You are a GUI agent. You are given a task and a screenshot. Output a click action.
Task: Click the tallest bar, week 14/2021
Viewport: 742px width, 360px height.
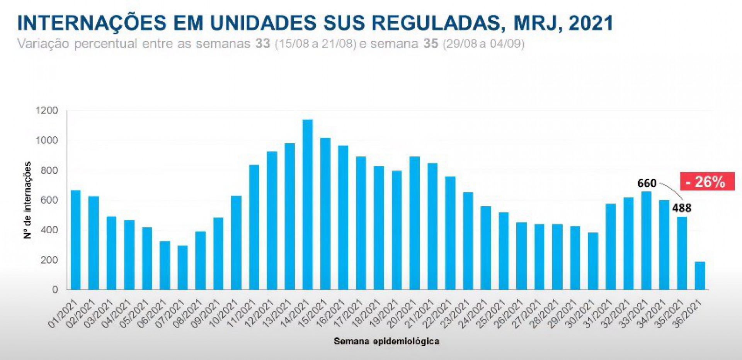click(x=308, y=205)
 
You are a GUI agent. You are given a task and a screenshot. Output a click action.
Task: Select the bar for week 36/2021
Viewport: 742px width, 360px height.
click(x=700, y=276)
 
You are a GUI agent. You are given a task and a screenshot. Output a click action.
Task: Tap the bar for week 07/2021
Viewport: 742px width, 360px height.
click(x=183, y=268)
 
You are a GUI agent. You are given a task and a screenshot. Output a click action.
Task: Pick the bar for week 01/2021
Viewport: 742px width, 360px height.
click(x=76, y=240)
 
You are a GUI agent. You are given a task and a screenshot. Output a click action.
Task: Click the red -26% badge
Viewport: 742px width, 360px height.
click(x=707, y=182)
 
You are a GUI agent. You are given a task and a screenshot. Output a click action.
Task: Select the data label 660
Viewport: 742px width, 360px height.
click(x=647, y=183)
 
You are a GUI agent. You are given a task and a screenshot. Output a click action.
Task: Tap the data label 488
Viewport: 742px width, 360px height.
click(x=682, y=208)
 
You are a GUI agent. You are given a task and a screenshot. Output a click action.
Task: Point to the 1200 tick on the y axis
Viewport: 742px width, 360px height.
click(x=47, y=111)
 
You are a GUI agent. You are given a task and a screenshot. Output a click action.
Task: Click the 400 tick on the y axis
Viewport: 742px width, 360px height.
click(x=49, y=230)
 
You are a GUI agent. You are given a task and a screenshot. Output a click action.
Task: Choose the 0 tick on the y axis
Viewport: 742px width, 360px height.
click(x=55, y=290)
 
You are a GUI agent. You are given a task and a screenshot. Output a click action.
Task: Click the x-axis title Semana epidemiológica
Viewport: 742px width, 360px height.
click(x=386, y=341)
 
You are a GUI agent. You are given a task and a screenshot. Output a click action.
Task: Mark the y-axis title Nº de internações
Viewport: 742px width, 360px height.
click(x=27, y=200)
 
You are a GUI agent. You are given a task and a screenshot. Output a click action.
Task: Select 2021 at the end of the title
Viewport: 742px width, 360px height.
click(x=591, y=23)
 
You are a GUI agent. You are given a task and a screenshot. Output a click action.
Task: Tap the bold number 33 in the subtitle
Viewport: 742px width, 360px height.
click(x=262, y=44)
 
